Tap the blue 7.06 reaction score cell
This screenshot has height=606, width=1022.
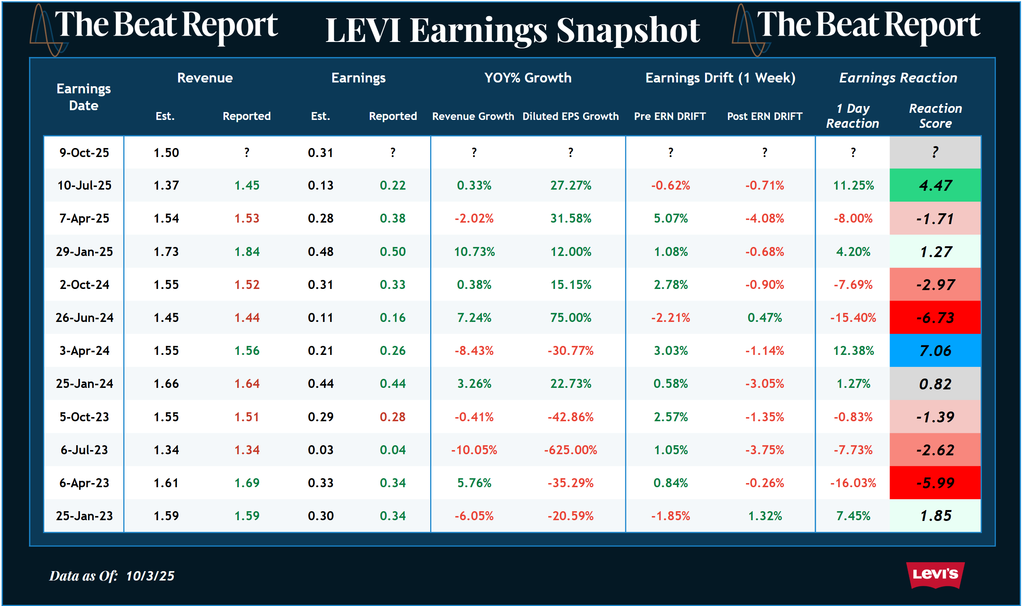click(935, 350)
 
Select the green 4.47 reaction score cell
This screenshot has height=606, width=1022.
click(935, 186)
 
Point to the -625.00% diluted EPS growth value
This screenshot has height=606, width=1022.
click(570, 450)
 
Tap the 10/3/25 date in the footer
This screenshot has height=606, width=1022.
click(150, 576)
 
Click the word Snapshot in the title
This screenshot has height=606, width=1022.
click(628, 31)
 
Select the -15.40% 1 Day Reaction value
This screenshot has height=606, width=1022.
click(853, 318)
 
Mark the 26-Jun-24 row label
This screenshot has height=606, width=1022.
click(84, 318)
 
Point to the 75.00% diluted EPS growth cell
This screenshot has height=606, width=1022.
click(570, 318)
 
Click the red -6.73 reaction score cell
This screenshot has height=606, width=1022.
click(935, 318)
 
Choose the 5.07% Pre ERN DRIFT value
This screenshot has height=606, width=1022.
click(671, 218)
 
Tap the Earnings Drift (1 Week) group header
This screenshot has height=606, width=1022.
click(720, 78)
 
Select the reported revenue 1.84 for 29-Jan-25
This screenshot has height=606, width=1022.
click(247, 251)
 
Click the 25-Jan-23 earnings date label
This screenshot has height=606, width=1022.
click(84, 516)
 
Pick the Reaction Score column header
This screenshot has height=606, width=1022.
click(935, 116)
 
